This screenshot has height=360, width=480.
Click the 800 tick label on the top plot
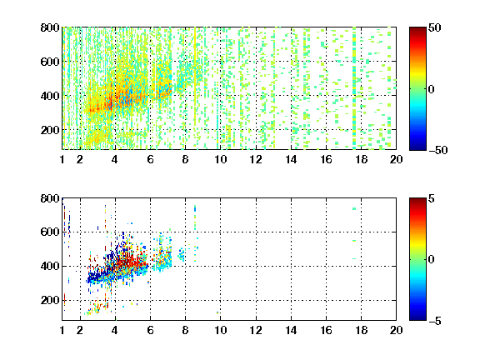50,27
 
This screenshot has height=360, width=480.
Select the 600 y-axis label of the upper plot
50,62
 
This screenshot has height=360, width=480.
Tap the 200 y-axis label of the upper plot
50,130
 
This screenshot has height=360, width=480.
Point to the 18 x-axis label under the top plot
361,159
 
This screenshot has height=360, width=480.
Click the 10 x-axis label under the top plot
220,159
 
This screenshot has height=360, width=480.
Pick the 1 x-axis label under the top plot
62,159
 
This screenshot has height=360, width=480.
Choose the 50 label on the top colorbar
435,27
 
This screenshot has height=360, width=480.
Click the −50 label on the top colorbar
438,150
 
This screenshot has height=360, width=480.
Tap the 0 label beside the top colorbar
432,89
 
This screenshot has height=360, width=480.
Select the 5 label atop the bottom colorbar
432,198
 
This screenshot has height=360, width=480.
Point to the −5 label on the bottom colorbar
435,321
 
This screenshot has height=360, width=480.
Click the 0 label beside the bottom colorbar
432,260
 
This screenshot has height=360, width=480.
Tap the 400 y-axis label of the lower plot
50,266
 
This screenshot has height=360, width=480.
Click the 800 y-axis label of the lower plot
50,198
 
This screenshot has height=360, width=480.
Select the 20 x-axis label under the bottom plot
396,330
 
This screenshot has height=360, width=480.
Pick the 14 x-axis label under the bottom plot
291,330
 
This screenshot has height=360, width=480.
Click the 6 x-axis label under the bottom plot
150,330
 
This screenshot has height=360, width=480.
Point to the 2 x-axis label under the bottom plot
80,330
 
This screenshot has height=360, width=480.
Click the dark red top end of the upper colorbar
417,28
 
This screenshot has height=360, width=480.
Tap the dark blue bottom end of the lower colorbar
417,318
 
